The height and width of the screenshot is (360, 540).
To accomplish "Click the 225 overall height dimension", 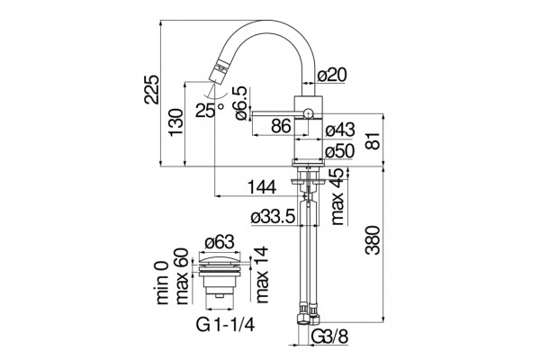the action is click(x=152, y=89).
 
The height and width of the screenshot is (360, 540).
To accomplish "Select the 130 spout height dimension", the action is click(x=175, y=122).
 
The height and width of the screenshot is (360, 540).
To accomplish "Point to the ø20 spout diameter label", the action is click(x=331, y=75).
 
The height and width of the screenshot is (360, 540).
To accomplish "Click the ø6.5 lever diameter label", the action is click(x=240, y=103).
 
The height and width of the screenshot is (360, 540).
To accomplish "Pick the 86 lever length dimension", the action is click(x=281, y=126).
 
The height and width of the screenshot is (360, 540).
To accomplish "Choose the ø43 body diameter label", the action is click(x=339, y=130).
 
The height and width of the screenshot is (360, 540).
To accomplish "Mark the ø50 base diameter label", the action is click(x=339, y=150).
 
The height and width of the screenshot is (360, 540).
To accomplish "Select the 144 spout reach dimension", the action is click(x=263, y=187).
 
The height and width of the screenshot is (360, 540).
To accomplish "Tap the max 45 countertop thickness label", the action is click(x=338, y=196).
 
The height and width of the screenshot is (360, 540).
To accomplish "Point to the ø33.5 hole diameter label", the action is click(x=273, y=217).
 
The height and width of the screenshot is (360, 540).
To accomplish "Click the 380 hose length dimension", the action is click(x=373, y=240).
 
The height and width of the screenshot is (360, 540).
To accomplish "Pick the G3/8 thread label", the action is click(x=330, y=336).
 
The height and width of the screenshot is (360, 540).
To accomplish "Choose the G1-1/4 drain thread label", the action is click(x=226, y=324).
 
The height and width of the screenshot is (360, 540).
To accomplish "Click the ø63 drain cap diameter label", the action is click(x=220, y=242).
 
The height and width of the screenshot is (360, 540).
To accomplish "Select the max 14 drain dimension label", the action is click(x=262, y=274).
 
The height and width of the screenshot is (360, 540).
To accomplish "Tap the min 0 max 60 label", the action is click(x=173, y=276).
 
